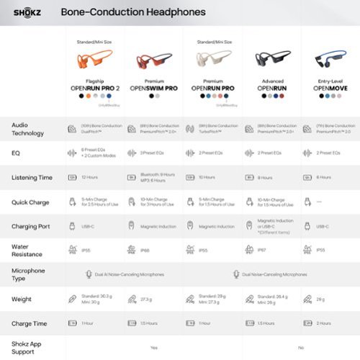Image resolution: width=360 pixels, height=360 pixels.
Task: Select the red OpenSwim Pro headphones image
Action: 151,63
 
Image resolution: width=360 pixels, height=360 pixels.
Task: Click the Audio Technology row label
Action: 30,129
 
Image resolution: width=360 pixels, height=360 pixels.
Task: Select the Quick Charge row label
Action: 30,202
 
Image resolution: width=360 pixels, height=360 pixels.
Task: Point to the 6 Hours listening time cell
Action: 324,177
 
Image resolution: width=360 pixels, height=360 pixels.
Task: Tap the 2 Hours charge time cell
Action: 325,323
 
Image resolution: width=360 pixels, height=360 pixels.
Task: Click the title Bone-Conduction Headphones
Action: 133,12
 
